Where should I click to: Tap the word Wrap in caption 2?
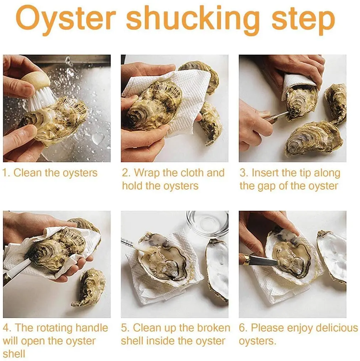click(x=146, y=173)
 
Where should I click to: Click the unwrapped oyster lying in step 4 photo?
click(x=89, y=287)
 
